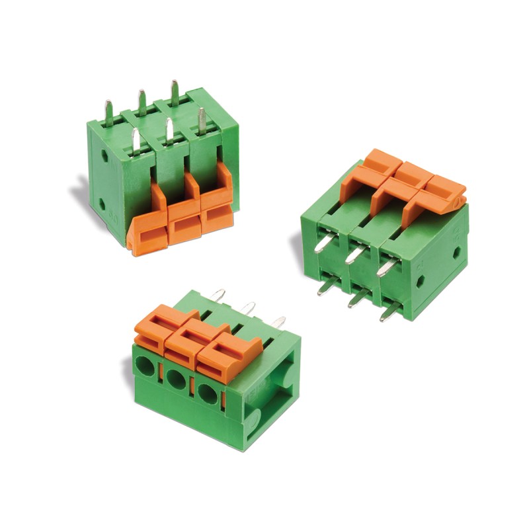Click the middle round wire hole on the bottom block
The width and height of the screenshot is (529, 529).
pos(177,379)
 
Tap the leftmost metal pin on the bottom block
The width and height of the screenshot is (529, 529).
pos(219,294)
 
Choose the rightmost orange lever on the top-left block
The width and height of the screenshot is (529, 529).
pos(215,202)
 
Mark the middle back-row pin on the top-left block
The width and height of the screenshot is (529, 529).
pos(142,101)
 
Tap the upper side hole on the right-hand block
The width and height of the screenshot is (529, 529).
pos(456,252)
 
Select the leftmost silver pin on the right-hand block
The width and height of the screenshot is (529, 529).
pos(321,245)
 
